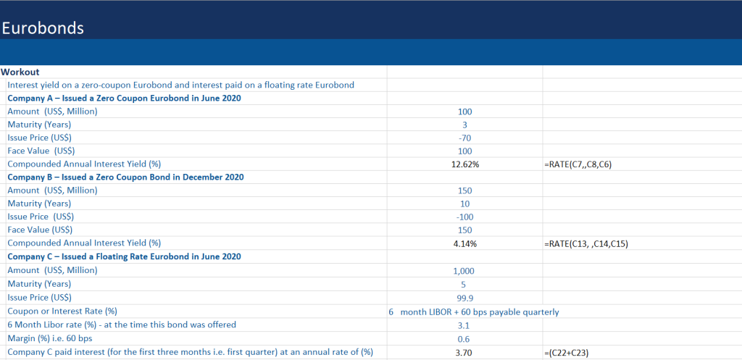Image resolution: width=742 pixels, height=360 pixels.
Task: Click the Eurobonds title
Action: [x=43, y=28]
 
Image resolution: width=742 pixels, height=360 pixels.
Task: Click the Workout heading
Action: [x=20, y=72]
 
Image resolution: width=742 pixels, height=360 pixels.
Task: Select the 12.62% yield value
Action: [x=464, y=164]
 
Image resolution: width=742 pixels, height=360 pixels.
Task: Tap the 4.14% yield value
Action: [x=464, y=244]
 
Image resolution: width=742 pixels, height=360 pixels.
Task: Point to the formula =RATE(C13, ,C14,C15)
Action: [x=585, y=244]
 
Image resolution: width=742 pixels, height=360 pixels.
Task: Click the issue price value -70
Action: [x=464, y=138]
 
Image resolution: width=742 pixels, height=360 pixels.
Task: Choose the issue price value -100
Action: [x=464, y=217]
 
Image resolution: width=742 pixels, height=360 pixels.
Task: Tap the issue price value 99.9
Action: [x=464, y=298]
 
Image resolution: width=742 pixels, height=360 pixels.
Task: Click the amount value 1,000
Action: [x=464, y=271]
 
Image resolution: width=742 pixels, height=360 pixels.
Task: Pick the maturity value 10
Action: [x=464, y=204]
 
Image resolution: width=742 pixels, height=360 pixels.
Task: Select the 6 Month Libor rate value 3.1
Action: [x=464, y=325]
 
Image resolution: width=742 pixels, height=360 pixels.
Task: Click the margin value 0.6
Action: [x=464, y=338]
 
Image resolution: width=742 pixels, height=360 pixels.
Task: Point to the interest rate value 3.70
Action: [x=464, y=351]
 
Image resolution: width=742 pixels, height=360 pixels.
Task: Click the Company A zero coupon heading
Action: [x=124, y=98]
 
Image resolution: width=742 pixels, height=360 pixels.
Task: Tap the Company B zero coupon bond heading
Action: [x=125, y=177]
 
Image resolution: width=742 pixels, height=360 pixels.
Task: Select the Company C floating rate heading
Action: [x=124, y=257]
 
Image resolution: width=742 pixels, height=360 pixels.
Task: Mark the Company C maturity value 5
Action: [x=464, y=284]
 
